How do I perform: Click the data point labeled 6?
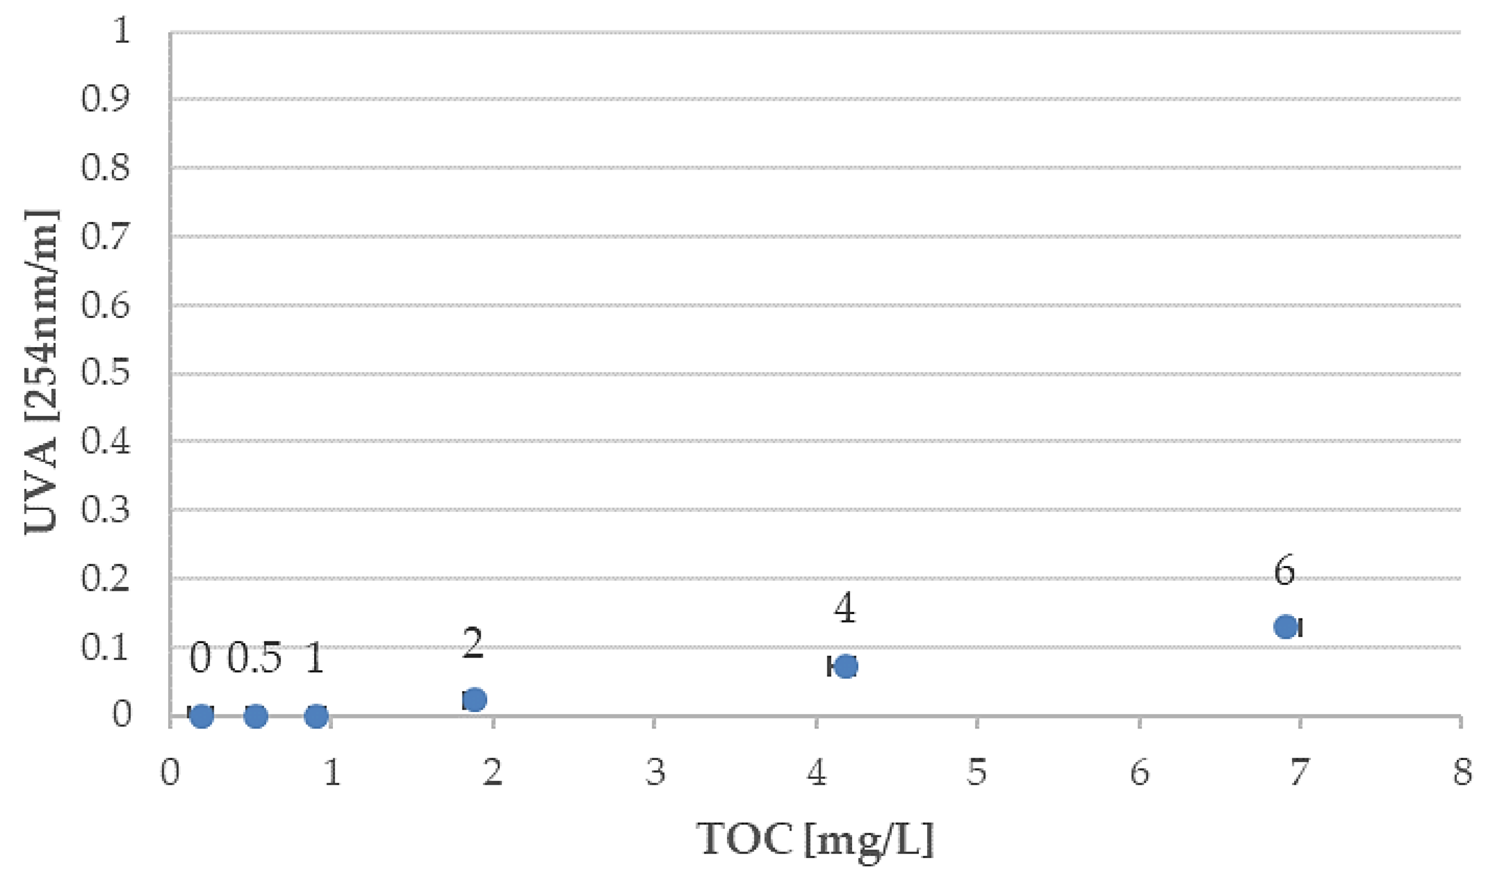click(x=1285, y=627)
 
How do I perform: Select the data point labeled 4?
click(x=846, y=666)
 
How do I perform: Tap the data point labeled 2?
click(x=474, y=700)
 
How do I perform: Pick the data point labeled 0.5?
click(x=255, y=716)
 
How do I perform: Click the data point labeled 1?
click(x=316, y=716)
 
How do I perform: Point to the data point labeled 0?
click(x=201, y=716)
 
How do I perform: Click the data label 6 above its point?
click(x=1284, y=571)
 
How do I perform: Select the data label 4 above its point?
click(x=845, y=610)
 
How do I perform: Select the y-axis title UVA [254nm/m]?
click(x=41, y=373)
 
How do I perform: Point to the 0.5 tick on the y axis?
click(x=105, y=373)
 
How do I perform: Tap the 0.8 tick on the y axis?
click(x=105, y=168)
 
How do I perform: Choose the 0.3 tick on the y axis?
click(x=105, y=510)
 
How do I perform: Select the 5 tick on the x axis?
click(x=977, y=773)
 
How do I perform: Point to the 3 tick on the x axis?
click(x=655, y=773)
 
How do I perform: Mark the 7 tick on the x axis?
click(x=1300, y=773)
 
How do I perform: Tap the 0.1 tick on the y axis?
click(x=105, y=647)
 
